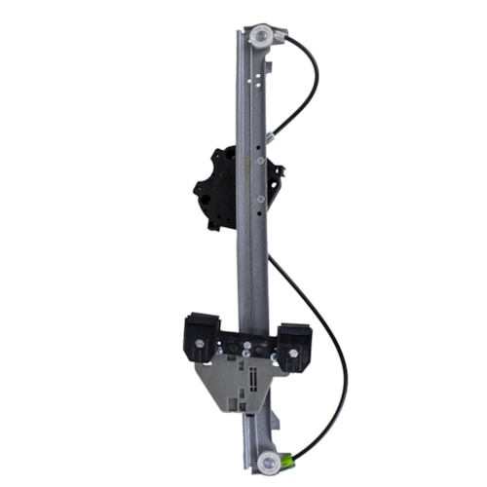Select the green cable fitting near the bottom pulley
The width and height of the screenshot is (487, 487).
click(289, 455)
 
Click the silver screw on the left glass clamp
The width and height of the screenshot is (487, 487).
click(200, 342)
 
